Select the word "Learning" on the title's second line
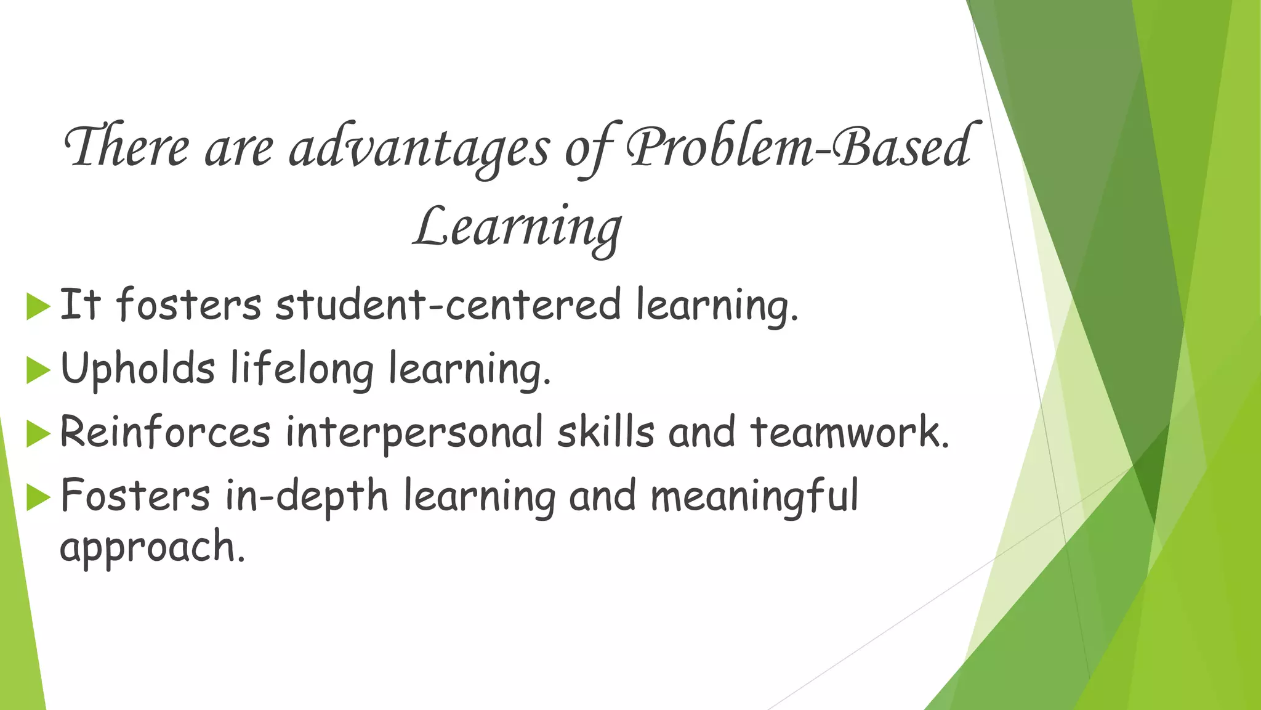point(517,228)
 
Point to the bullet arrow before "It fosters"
point(38,307)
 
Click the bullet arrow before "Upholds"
point(38,371)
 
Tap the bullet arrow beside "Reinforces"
point(38,435)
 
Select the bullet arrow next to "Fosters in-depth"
point(38,498)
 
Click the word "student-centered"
point(448,305)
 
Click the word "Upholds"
point(138,369)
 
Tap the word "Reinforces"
point(165,433)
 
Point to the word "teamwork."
point(850,433)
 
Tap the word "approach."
point(152,547)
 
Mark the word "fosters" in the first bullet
point(188,305)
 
